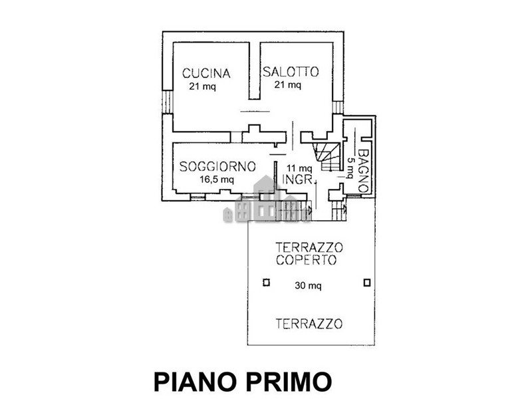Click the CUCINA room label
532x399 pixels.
tap(206, 73)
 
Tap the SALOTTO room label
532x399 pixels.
tap(291, 72)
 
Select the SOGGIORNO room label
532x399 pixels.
tap(217, 167)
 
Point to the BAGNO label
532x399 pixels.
tap(363, 171)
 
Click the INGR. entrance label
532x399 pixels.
tap(297, 179)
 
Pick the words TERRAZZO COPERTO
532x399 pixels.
tap(309, 253)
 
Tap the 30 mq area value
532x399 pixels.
tap(308, 286)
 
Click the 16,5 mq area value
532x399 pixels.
tap(217, 180)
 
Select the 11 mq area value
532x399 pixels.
tap(299, 168)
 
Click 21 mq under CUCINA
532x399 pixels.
tap(203, 86)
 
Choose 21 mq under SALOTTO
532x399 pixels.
tap(288, 84)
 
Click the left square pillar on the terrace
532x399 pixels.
tap(267, 282)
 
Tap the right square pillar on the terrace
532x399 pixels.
tap(367, 282)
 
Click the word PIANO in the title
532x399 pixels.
tap(195, 381)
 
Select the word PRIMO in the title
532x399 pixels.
tap(289, 381)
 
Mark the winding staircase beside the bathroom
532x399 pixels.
tap(327, 156)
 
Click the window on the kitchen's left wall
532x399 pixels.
tap(168, 102)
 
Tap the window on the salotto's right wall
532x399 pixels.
tap(338, 107)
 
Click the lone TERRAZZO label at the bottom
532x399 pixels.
tap(309, 324)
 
